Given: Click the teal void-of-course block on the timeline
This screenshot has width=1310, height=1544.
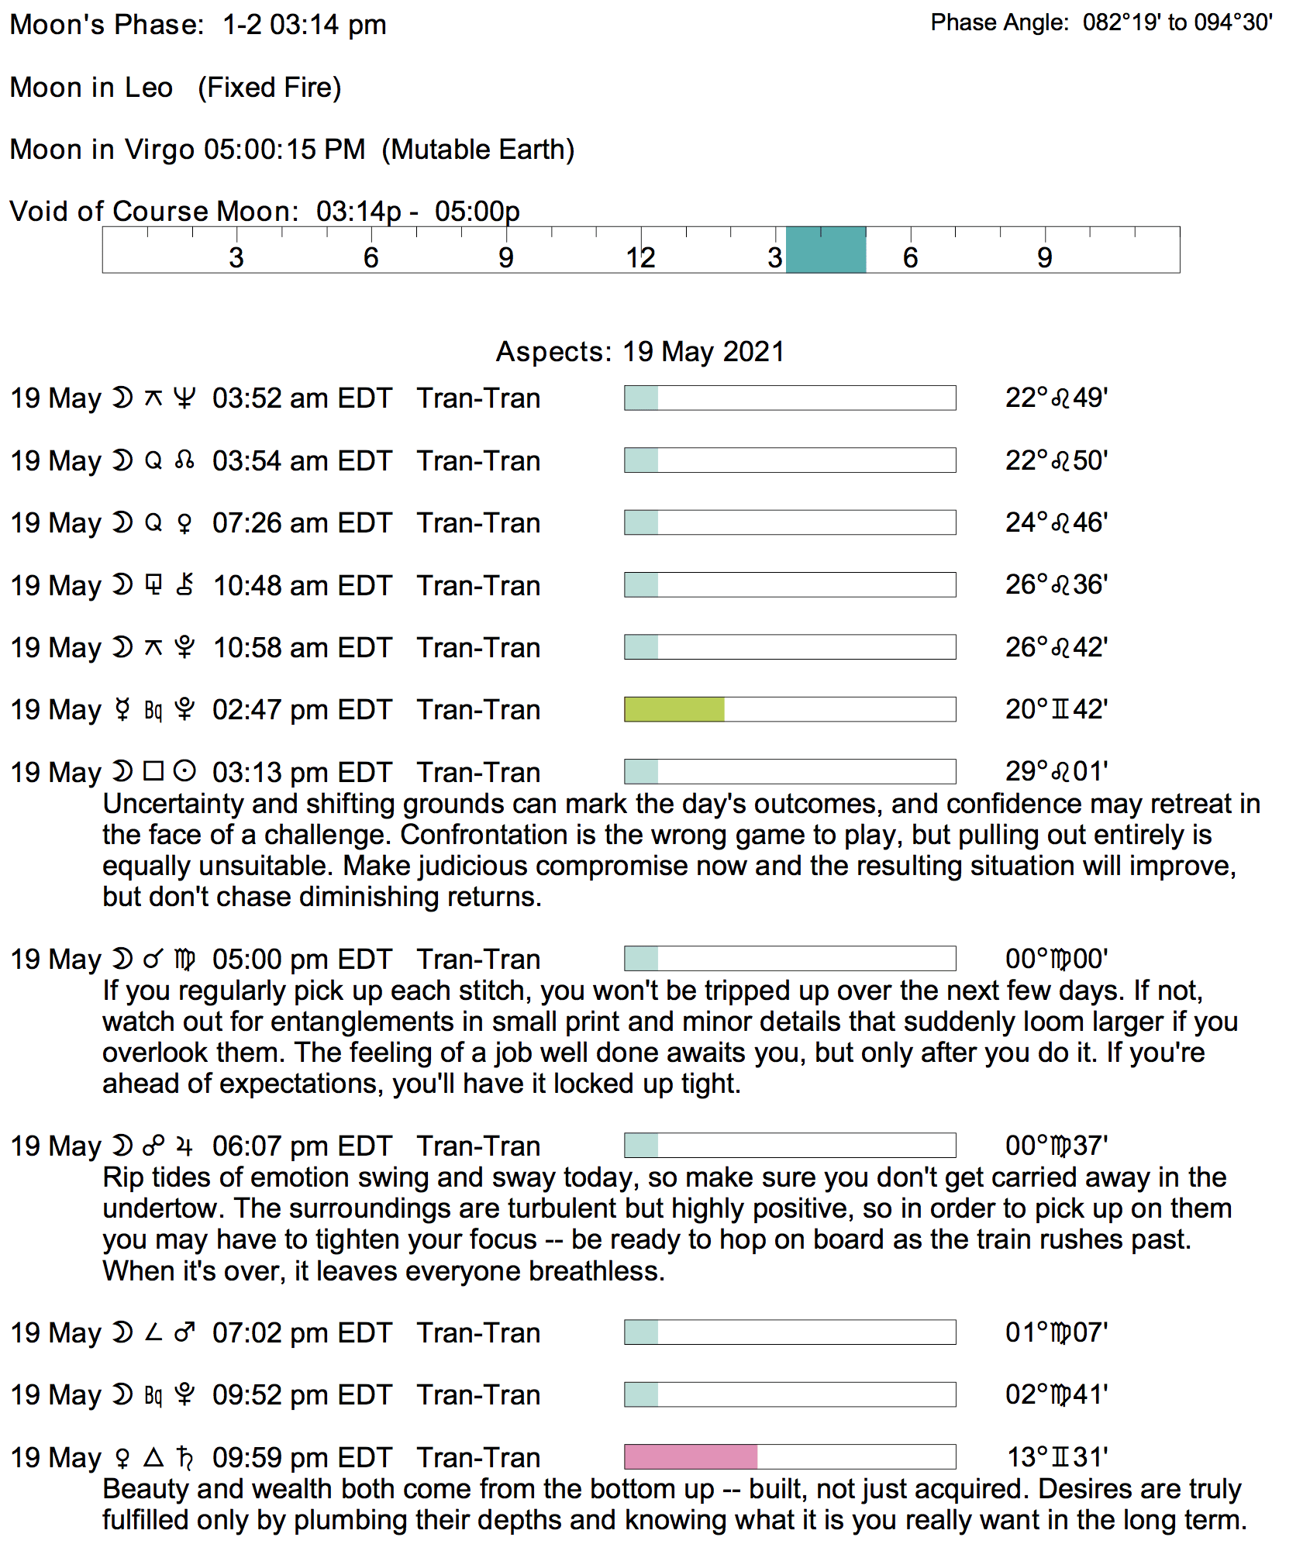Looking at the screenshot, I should [x=826, y=250].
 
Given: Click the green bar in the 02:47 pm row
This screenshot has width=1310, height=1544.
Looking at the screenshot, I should [x=674, y=709].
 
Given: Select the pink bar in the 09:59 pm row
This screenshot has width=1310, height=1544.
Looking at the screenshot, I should [x=691, y=1456].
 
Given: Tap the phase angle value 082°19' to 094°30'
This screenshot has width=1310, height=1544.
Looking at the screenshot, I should [x=1177, y=22].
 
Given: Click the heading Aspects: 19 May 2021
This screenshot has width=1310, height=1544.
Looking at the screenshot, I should [x=640, y=352].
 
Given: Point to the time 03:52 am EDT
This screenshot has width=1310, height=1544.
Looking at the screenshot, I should [x=302, y=398].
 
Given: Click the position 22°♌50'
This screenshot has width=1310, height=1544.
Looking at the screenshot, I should [x=1057, y=460].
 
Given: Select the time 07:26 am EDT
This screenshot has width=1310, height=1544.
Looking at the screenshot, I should [x=302, y=523].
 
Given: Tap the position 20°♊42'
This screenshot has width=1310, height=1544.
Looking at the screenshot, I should [x=1057, y=709].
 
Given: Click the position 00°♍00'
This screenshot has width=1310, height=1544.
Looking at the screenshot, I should [x=1057, y=959].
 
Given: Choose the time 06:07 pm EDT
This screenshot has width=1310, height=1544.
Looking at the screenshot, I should [x=302, y=1146].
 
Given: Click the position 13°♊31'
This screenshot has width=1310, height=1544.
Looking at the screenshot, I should [x=1057, y=1457].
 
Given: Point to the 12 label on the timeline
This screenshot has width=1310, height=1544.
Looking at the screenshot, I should [x=641, y=258].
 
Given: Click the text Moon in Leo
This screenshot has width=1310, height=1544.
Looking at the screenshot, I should [x=91, y=88].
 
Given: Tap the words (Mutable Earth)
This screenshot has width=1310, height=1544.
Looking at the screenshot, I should [x=478, y=150].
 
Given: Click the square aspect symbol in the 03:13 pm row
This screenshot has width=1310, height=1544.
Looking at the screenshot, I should [x=154, y=771].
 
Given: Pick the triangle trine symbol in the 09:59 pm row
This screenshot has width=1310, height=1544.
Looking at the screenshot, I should [x=154, y=1457].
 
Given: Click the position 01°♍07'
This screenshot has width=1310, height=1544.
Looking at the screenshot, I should [x=1057, y=1332].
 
